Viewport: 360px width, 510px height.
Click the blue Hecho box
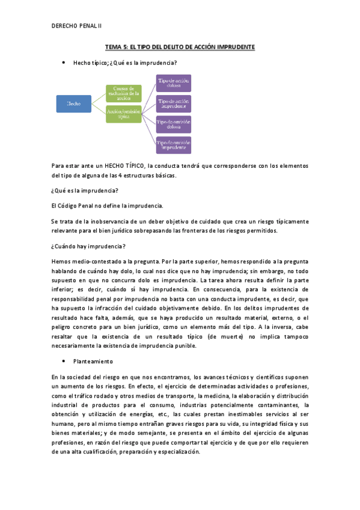pos(74,103)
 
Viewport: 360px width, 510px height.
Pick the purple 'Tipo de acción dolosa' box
pos(174,83)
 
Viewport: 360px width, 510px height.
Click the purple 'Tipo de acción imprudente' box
pos(174,103)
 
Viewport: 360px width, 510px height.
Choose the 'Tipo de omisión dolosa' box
pos(174,124)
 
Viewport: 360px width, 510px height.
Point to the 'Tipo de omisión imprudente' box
pos(174,145)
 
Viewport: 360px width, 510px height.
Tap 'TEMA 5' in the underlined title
pos(117,46)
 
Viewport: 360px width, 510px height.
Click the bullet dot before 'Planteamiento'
pos(63,361)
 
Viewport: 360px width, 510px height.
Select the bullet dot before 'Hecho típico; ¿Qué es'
pos(63,62)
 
